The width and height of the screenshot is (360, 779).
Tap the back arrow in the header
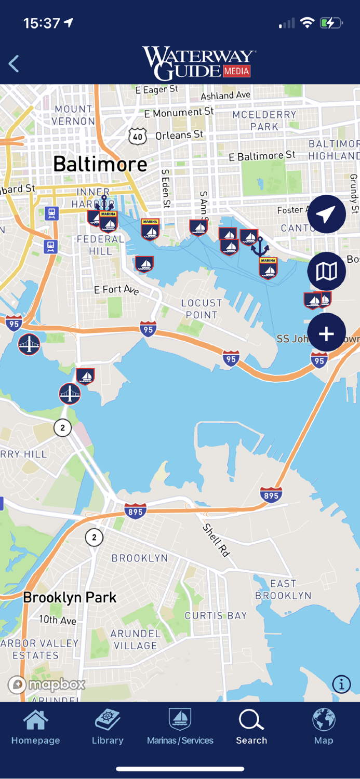[14, 64]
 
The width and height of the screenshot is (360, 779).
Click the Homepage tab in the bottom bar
[35, 727]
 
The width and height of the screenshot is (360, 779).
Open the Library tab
[108, 727]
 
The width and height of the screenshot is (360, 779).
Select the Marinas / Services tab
[180, 727]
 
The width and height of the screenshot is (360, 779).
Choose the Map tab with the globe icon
[323, 727]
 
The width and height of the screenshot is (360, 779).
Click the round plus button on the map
[326, 333]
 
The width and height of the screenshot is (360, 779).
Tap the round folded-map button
[326, 272]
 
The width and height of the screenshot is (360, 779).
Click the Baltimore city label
[100, 164]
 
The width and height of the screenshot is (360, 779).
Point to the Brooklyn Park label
[70, 597]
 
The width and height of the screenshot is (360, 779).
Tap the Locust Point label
[202, 308]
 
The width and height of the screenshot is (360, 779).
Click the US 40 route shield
[137, 137]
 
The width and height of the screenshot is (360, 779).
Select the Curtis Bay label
[216, 615]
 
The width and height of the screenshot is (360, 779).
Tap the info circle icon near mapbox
[341, 684]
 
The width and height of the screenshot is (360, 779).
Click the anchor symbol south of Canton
[260, 247]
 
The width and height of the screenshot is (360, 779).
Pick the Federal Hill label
[101, 245]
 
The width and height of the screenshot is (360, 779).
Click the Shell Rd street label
[216, 540]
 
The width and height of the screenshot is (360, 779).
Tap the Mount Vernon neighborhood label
[73, 115]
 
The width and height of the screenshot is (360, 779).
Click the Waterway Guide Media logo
[199, 63]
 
